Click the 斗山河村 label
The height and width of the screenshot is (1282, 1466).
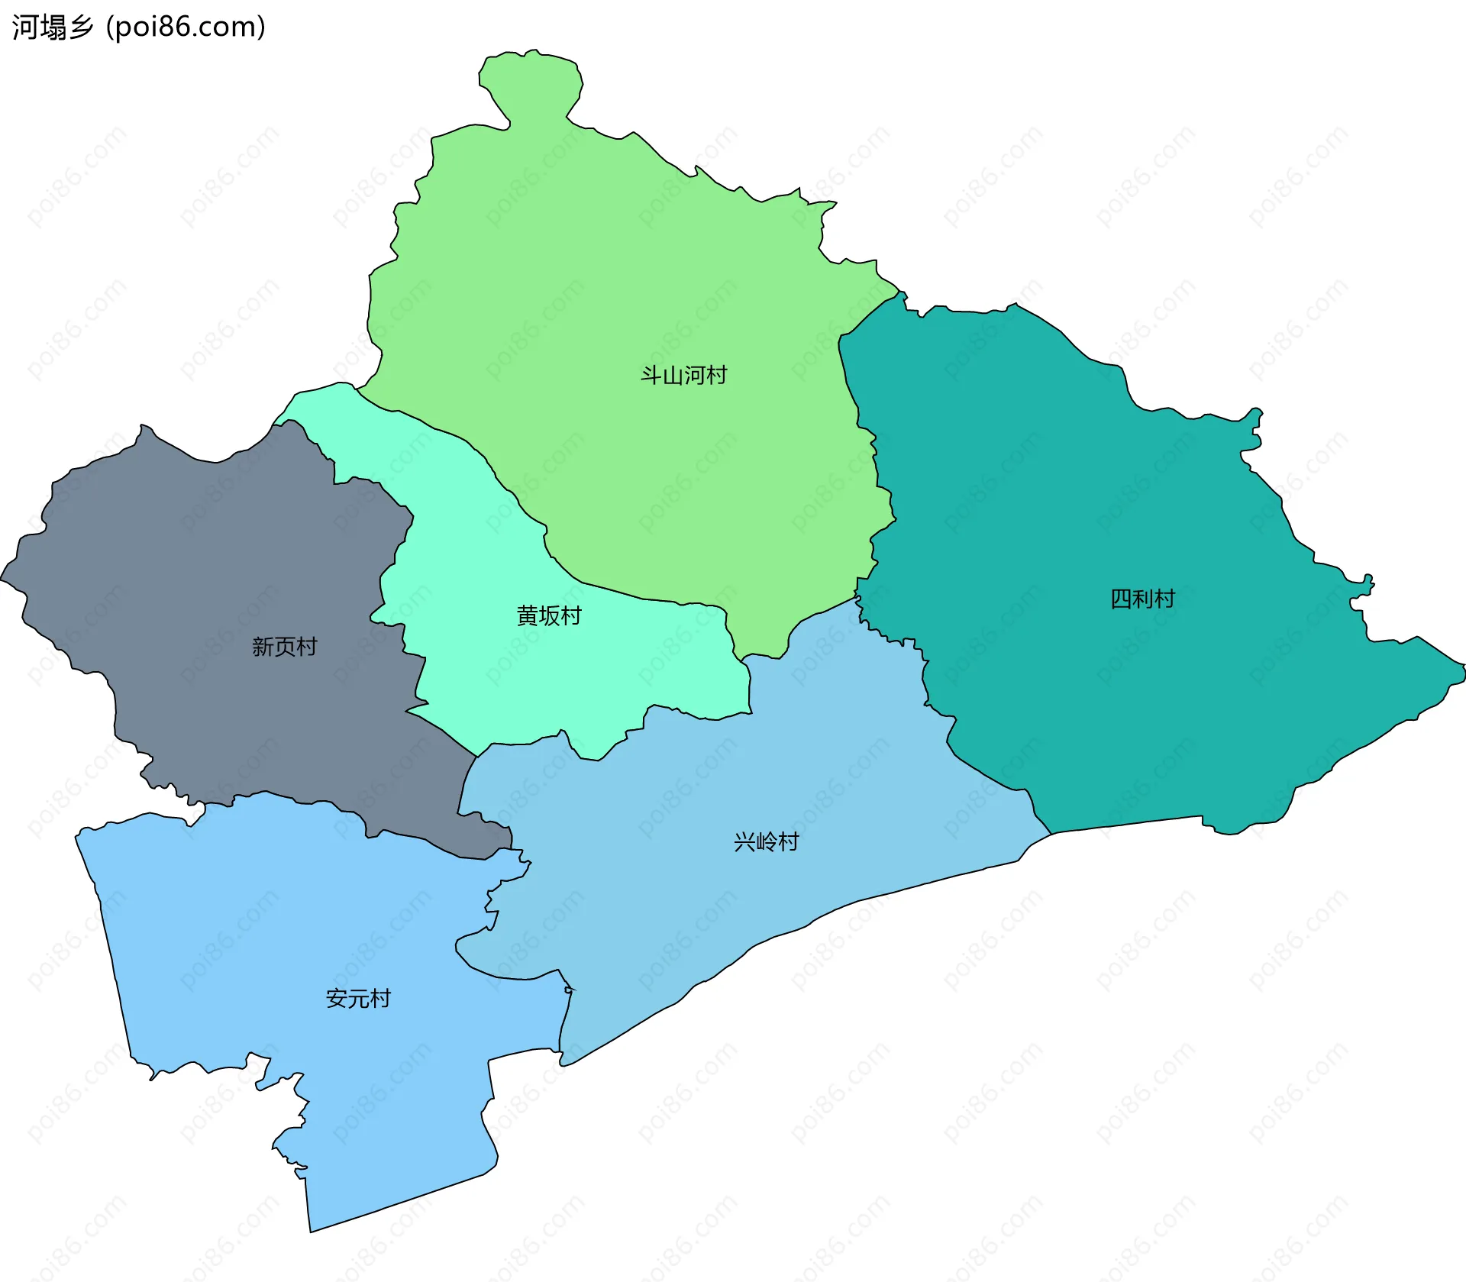point(683,376)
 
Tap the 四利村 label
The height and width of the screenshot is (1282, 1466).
point(1142,599)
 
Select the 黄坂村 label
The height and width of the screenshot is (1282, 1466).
point(549,615)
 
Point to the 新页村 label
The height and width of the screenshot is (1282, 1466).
point(284,647)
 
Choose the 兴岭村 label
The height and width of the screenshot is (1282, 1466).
point(766,841)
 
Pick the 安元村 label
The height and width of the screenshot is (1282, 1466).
point(358,998)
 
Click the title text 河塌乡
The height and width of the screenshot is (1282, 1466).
point(52,27)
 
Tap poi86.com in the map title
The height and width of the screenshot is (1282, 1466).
point(186,27)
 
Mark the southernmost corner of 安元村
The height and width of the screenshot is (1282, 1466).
point(311,1229)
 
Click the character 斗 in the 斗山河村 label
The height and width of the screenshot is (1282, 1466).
point(651,376)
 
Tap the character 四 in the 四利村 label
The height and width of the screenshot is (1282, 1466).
point(1121,599)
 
